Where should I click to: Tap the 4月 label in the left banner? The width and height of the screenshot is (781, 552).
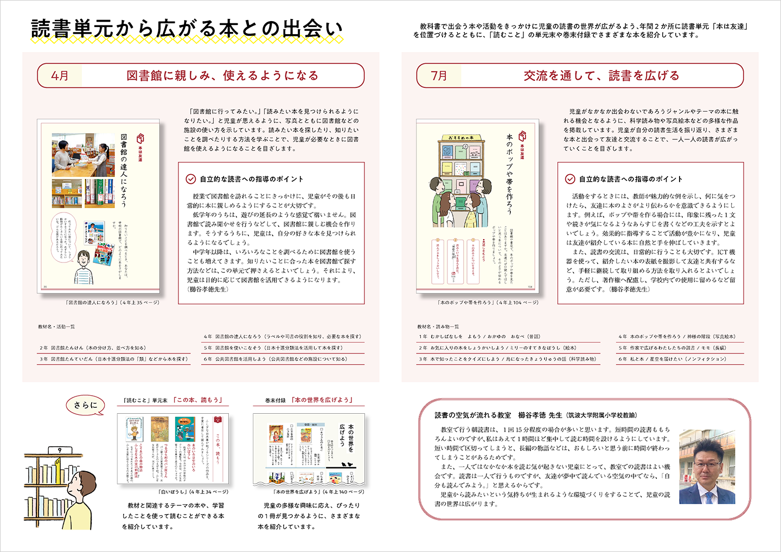60,75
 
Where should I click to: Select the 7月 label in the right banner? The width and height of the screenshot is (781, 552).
439,75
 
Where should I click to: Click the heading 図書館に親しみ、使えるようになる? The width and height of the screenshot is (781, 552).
222,75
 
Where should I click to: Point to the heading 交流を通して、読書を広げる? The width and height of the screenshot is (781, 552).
601,75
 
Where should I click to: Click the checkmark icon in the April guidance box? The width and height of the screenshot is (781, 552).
191,179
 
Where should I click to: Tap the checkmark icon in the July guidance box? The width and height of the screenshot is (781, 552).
570,179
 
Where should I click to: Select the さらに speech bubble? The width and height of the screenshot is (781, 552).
85,405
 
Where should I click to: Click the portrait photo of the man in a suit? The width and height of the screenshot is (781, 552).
707,467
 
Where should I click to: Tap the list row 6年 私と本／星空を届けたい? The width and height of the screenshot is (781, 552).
672,359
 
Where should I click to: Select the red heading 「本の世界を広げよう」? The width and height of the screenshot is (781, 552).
322,400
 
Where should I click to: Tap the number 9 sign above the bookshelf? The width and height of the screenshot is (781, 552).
59,450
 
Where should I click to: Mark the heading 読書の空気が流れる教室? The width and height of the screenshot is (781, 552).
472,415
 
